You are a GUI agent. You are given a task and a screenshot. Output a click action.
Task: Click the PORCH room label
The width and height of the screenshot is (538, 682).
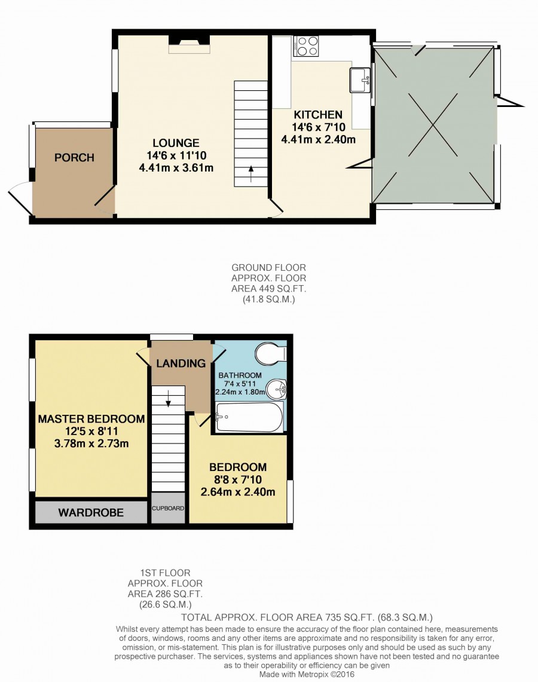[x=74, y=157]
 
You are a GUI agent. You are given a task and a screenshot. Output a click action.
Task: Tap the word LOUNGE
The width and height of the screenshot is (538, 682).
[x=176, y=143]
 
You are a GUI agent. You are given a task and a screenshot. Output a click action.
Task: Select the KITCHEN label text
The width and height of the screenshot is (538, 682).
[x=319, y=115]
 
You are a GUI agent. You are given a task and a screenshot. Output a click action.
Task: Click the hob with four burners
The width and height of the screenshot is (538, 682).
[x=306, y=45]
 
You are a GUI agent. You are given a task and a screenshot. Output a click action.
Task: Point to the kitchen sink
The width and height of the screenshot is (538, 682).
[x=360, y=80]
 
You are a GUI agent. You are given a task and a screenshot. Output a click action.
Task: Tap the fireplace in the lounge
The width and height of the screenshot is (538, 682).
[x=189, y=44]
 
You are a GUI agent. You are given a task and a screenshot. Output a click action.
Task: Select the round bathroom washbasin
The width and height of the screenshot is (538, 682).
[x=276, y=389]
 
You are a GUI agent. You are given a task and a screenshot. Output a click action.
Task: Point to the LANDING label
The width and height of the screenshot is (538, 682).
[x=181, y=363]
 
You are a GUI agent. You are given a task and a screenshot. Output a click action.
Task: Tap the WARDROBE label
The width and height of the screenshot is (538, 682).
[x=91, y=512]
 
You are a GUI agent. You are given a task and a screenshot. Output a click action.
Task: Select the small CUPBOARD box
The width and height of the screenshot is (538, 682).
[x=168, y=508]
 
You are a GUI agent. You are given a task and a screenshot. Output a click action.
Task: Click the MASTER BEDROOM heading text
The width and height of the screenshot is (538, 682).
[x=91, y=419]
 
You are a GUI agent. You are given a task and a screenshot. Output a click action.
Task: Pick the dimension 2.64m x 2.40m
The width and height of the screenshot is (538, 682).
[x=238, y=492]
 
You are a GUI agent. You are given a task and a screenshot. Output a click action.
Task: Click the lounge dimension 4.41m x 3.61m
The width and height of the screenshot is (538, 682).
[x=176, y=168]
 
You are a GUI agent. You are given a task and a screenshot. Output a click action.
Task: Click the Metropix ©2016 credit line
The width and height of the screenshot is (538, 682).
[x=307, y=674]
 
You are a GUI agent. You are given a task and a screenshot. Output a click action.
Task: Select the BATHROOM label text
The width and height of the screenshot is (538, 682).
[x=240, y=375]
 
